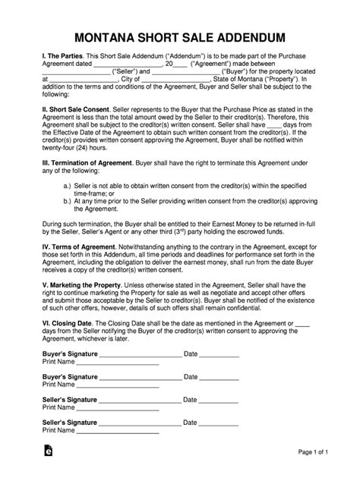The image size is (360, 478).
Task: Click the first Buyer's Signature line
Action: point(141,376)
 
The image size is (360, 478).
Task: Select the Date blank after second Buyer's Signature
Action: point(220,398)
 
